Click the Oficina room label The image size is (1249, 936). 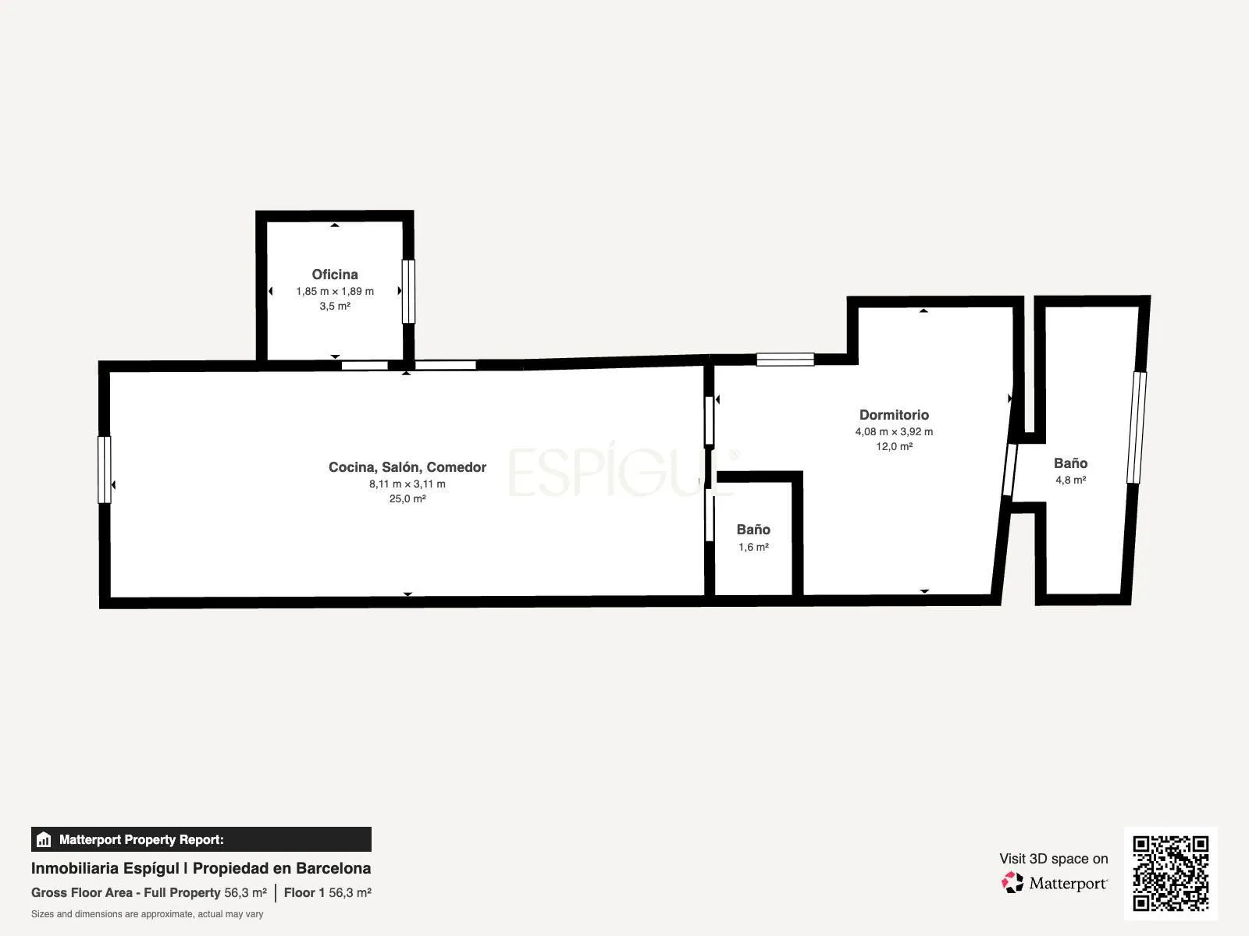335,275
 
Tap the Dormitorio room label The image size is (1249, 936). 894,415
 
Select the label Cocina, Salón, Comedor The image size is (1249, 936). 407,467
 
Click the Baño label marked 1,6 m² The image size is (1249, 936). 753,530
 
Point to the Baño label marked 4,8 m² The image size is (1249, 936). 1070,463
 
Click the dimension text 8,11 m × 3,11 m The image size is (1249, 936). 407,484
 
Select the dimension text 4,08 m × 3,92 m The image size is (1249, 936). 894,432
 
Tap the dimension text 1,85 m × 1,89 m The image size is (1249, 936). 335,292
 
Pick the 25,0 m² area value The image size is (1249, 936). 407,499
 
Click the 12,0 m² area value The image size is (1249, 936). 894,447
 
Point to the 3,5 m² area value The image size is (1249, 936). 335,307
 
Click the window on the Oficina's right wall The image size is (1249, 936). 408,292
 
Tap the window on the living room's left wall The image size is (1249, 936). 104,470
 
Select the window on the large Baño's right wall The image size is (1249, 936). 1137,427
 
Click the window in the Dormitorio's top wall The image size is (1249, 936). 785,359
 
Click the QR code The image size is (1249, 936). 1170,874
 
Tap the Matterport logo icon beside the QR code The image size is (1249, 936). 1012,883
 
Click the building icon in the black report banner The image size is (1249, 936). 44,839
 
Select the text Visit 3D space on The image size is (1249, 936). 1053,859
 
